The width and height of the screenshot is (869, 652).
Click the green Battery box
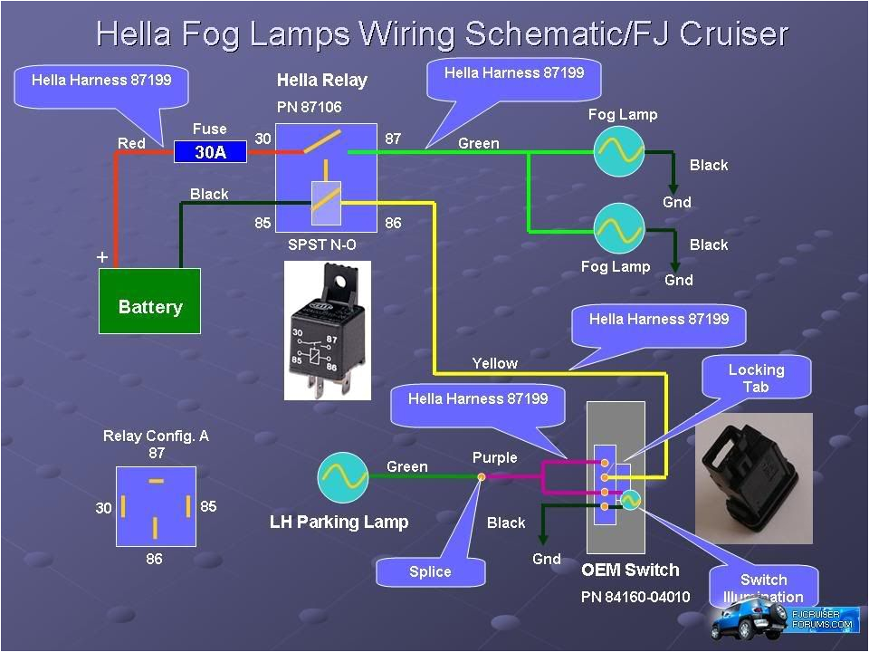[149, 301]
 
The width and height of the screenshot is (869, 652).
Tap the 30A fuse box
[211, 152]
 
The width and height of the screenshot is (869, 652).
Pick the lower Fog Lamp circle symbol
[619, 229]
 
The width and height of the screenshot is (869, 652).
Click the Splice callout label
[430, 571]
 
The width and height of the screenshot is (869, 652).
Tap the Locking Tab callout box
[756, 378]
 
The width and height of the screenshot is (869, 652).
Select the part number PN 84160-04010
[635, 597]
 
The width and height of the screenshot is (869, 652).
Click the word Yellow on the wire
[494, 363]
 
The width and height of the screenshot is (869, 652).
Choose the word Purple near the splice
[494, 457]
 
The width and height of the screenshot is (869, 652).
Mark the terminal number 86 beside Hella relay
[393, 223]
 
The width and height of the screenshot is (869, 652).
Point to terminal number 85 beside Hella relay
[263, 223]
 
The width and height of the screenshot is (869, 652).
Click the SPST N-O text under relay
[322, 244]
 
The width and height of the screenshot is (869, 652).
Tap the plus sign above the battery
[102, 258]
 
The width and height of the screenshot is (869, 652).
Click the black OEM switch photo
[753, 475]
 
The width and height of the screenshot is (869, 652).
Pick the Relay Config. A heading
[156, 436]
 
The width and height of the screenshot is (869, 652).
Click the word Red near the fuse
[131, 143]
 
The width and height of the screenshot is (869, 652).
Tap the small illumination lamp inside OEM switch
[630, 498]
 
